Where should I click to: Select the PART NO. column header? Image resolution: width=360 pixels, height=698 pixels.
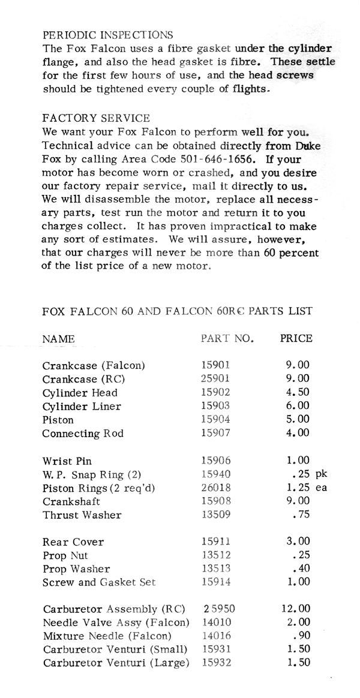coord(227,338)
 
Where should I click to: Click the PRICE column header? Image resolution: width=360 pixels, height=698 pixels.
coord(296,338)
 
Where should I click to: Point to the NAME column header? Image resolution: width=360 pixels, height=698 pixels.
coord(58,339)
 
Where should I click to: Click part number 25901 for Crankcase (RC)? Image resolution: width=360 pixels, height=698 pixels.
coord(215,379)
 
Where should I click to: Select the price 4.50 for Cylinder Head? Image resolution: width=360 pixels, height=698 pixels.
coord(298,393)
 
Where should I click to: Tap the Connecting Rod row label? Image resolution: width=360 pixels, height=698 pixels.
coord(82,434)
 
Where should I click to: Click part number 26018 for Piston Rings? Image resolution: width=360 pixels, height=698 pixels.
coord(215,488)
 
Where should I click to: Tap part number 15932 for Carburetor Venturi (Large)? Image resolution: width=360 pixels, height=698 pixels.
coord(215,663)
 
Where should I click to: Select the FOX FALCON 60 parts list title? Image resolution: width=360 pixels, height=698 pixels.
coord(178,311)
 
